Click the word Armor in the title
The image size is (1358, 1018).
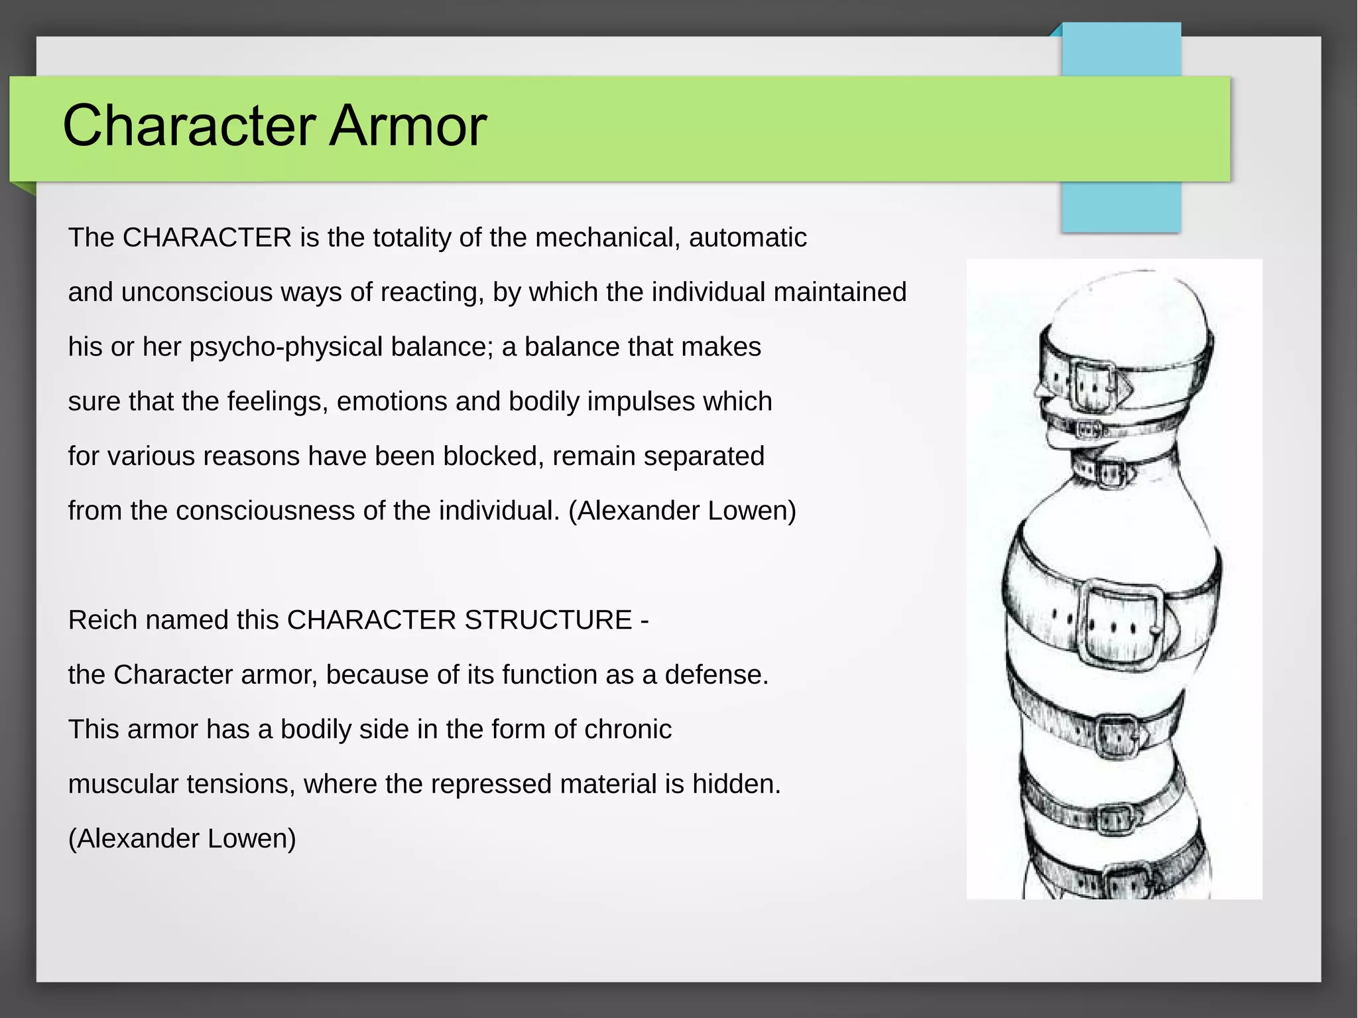point(408,125)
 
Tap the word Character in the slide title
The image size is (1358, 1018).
point(189,125)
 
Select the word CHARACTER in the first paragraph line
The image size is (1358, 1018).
point(207,237)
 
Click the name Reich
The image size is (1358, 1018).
point(103,620)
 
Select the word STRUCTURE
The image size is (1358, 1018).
point(548,620)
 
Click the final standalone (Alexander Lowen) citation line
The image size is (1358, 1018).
point(182,838)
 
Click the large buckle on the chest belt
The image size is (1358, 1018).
point(1120,622)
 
